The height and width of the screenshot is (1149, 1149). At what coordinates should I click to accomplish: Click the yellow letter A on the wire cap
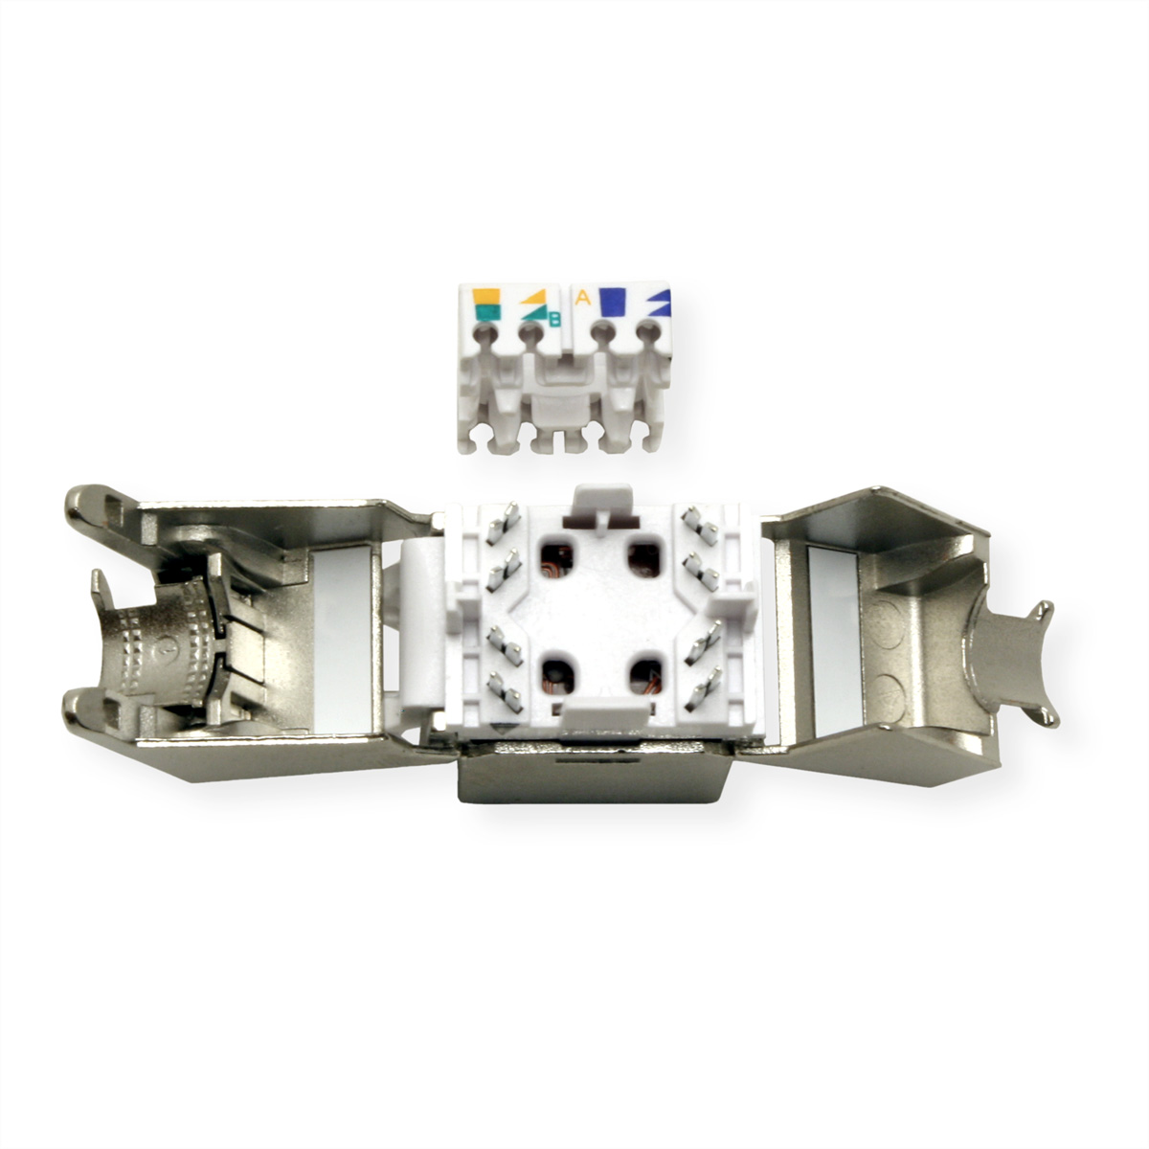click(x=582, y=298)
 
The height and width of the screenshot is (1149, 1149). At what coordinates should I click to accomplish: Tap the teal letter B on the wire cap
click(x=554, y=320)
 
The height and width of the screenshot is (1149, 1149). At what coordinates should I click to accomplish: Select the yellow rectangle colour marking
click(x=485, y=296)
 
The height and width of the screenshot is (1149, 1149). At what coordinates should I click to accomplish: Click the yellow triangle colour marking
click(x=536, y=297)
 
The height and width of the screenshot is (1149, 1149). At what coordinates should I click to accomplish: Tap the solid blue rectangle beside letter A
click(x=613, y=302)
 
